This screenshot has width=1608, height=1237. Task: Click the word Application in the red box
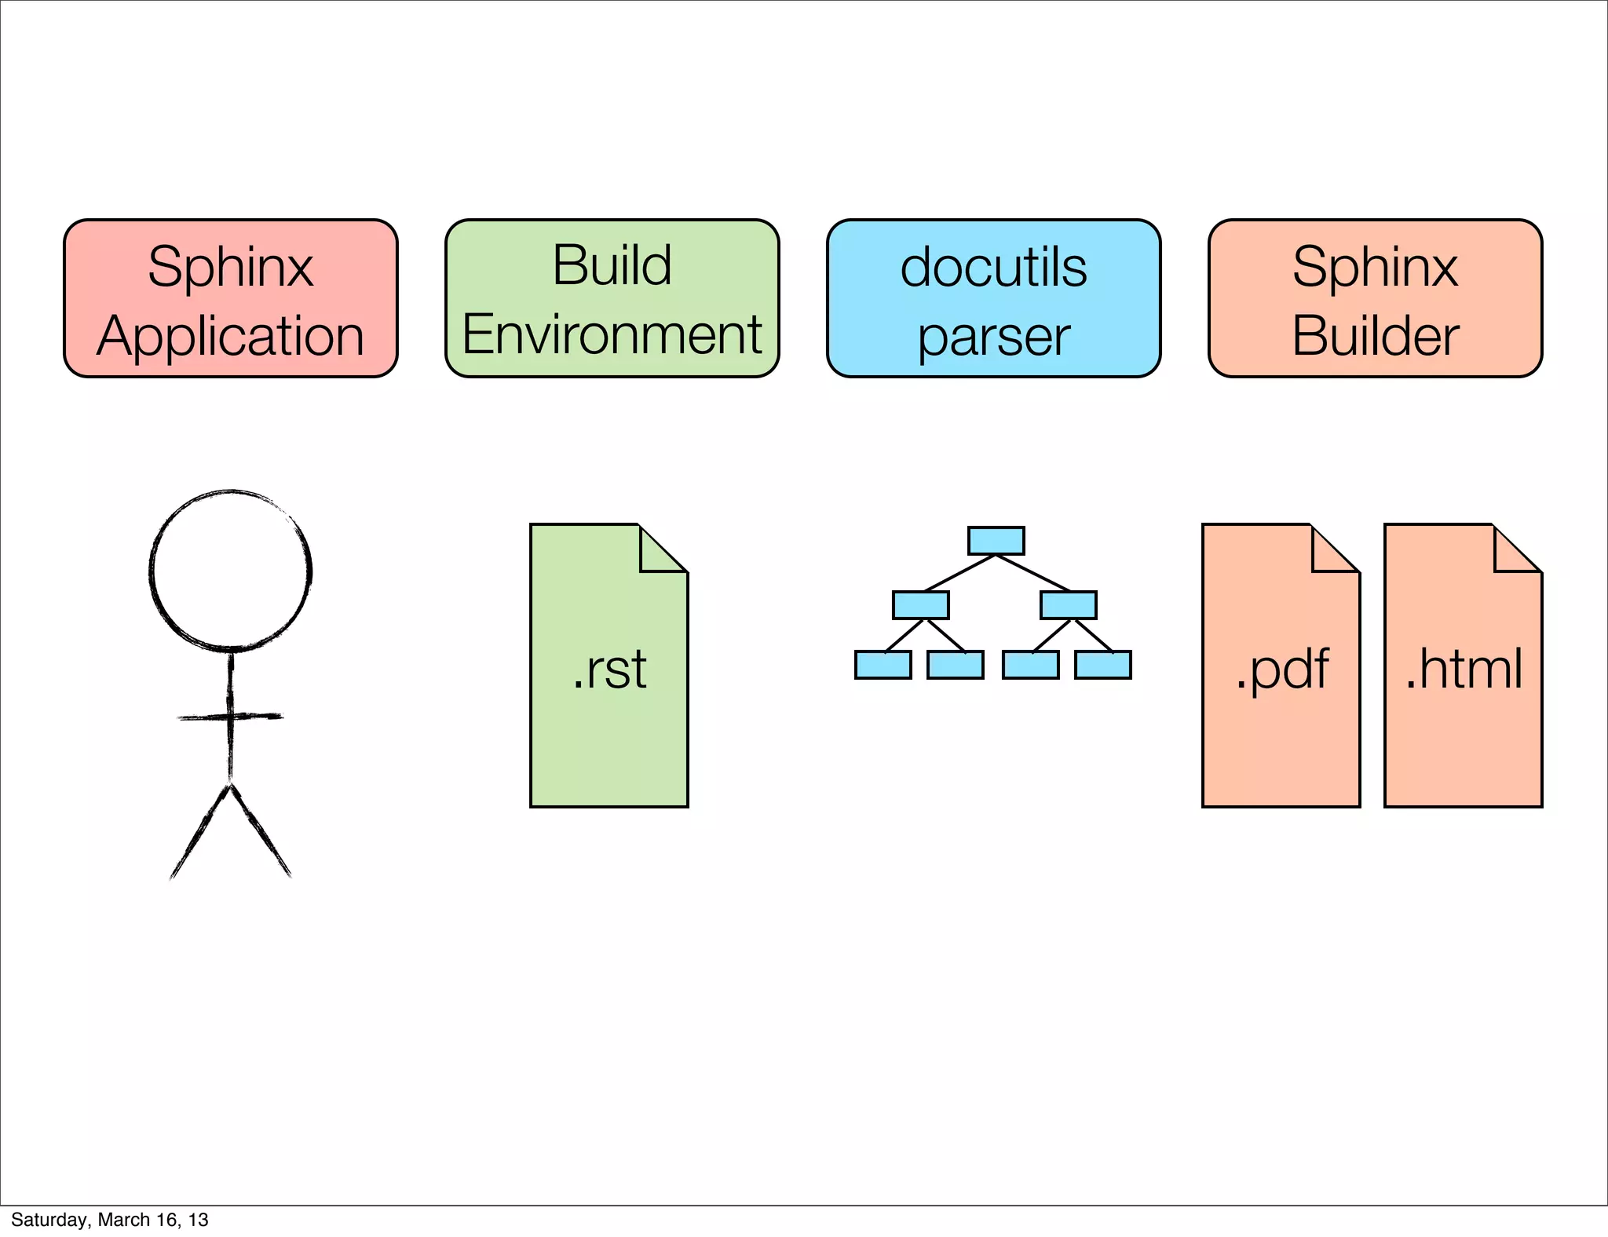(x=230, y=336)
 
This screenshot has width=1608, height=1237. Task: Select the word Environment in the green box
(x=612, y=334)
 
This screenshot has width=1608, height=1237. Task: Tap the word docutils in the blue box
(x=993, y=268)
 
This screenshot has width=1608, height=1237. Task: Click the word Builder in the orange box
(x=1375, y=336)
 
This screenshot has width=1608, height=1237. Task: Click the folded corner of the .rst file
(x=658, y=553)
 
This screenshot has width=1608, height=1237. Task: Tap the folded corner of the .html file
(x=1512, y=553)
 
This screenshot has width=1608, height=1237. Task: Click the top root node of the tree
(x=996, y=541)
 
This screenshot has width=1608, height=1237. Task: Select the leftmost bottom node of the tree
(x=883, y=665)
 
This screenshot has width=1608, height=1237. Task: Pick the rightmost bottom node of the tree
(x=1102, y=665)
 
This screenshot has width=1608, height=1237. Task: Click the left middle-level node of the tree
(x=920, y=605)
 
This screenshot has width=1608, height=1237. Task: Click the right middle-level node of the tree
(x=1068, y=605)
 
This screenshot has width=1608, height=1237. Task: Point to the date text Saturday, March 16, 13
(x=110, y=1220)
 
